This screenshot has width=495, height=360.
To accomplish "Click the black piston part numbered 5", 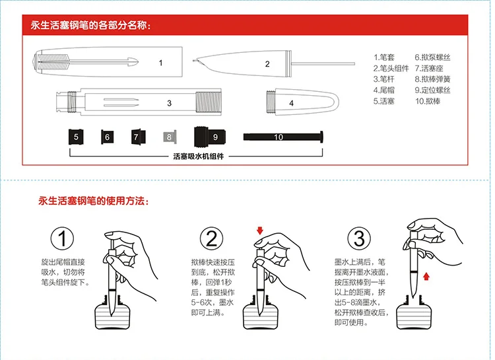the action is pyautogui.click(x=77, y=137).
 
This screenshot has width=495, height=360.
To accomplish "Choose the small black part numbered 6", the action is pyautogui.click(x=106, y=137).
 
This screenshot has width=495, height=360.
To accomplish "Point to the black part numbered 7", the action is pyautogui.click(x=137, y=137).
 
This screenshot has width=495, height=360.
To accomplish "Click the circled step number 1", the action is pyautogui.click(x=62, y=238).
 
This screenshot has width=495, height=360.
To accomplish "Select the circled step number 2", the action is pyautogui.click(x=211, y=238).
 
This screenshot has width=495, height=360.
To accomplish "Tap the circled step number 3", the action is pyautogui.click(x=359, y=238).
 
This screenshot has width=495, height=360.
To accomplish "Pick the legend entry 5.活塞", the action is pyautogui.click(x=385, y=102).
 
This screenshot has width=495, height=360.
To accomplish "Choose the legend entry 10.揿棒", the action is pyautogui.click(x=429, y=102).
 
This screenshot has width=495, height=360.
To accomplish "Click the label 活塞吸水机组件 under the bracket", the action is pyautogui.click(x=198, y=157).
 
